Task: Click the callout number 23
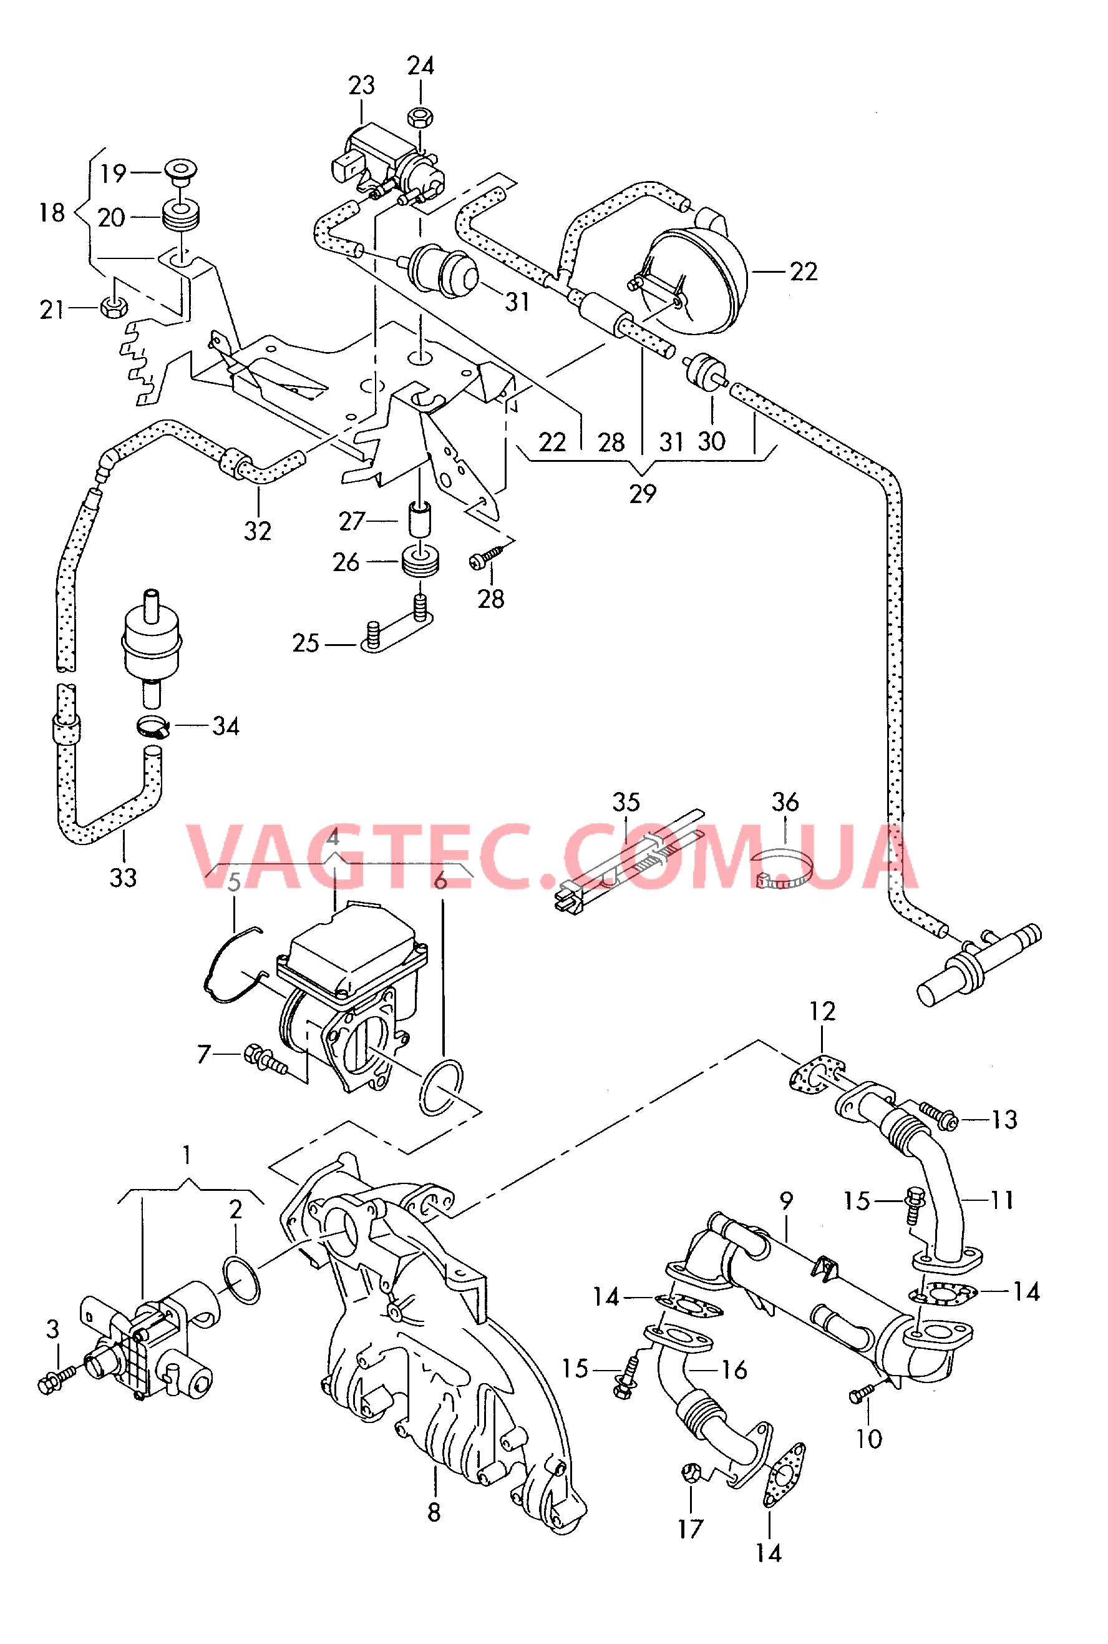(361, 86)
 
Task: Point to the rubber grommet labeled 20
(181, 215)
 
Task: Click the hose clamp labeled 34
(153, 726)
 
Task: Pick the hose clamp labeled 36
(783, 871)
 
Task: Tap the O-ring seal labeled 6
(442, 1087)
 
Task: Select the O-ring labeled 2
(241, 1279)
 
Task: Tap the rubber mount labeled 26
(421, 561)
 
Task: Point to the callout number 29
(643, 493)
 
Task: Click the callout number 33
(123, 877)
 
